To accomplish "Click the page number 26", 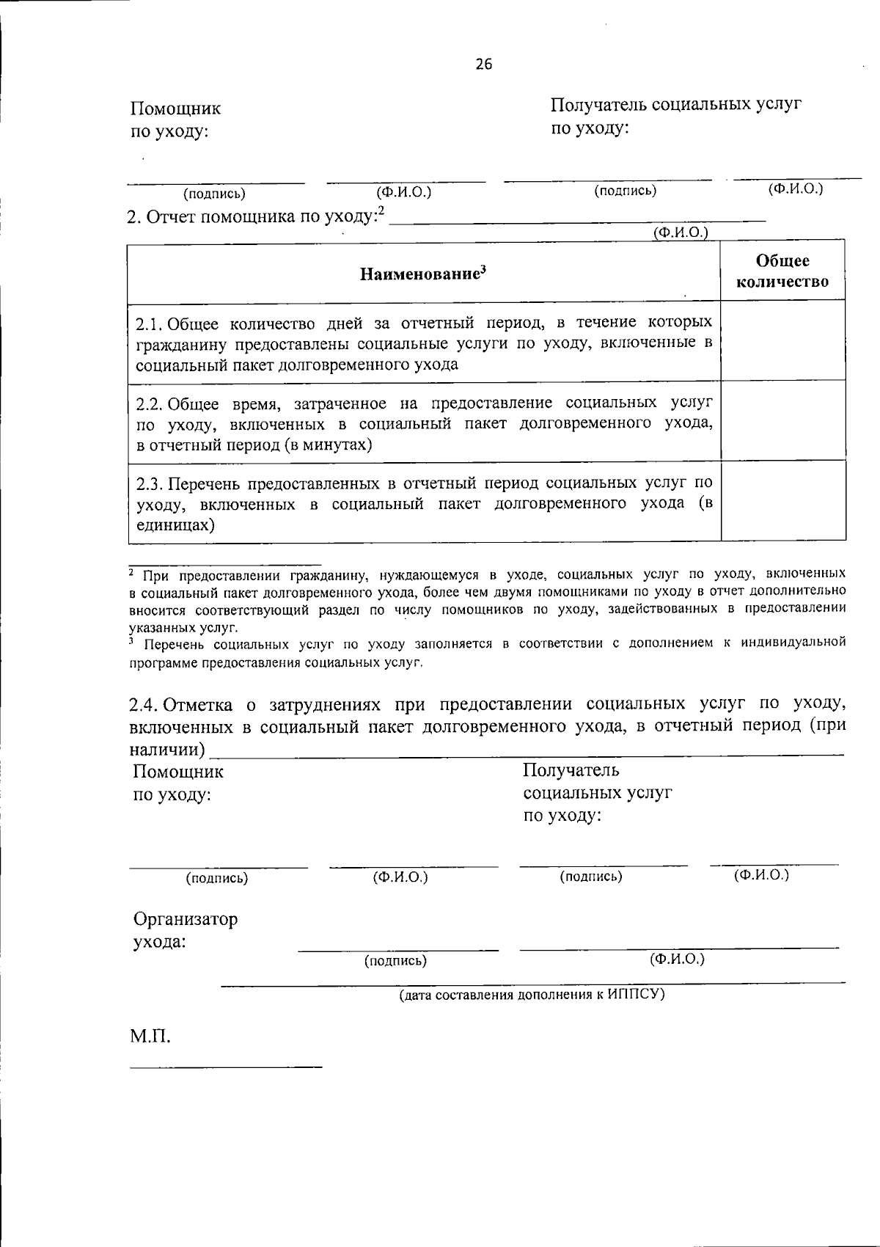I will point(484,65).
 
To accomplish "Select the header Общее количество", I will point(782,271).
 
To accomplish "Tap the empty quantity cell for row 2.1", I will point(782,340).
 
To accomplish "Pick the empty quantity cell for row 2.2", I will point(782,420).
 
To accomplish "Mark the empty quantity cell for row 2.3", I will point(782,502).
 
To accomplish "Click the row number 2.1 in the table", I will point(148,323).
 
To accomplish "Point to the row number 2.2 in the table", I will point(149,403).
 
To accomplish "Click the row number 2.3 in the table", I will point(149,484).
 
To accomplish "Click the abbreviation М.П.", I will point(150,1036).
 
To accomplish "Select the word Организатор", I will point(186,919).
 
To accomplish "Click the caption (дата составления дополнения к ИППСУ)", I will point(532,995).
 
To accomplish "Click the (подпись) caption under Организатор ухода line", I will point(395,961).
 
